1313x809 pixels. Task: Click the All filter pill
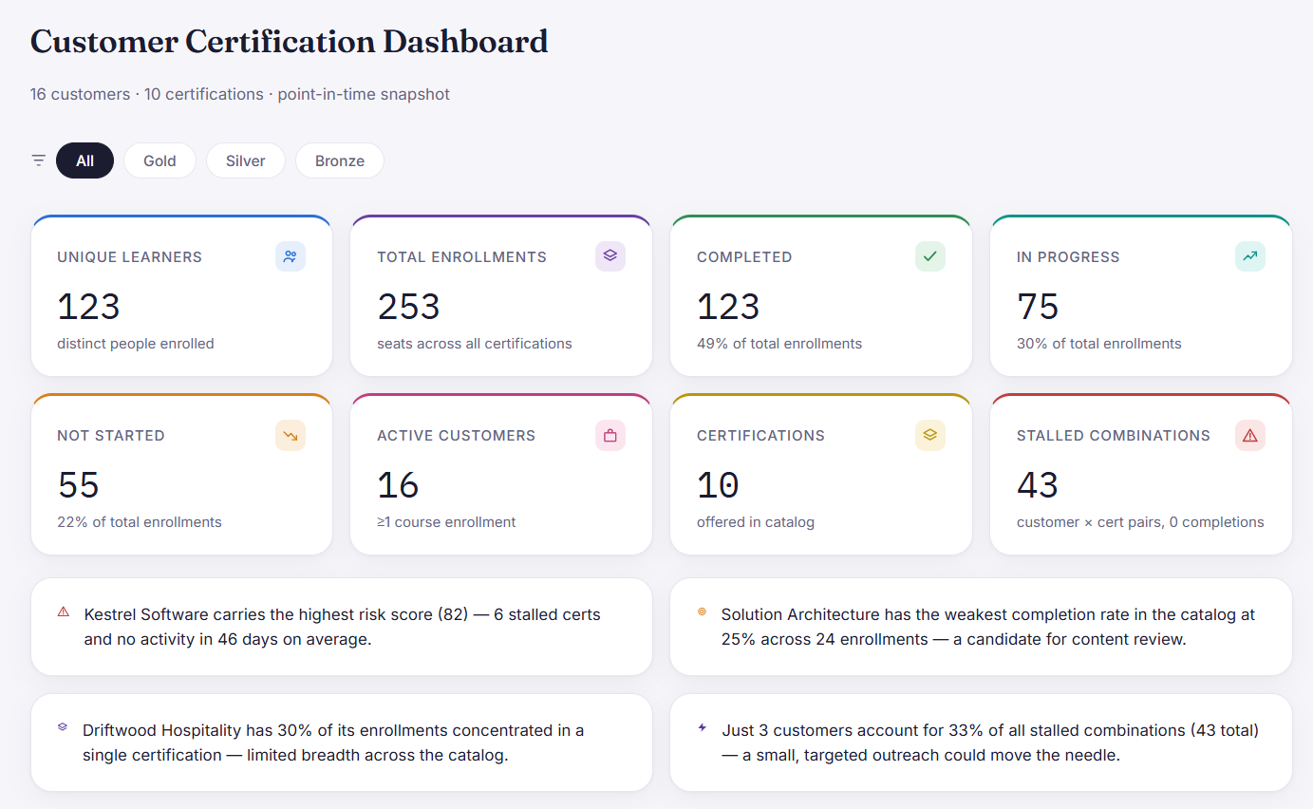point(85,160)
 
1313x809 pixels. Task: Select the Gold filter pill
point(159,160)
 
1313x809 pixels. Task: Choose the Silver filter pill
point(246,160)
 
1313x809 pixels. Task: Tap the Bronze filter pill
point(340,160)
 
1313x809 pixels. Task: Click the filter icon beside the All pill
point(38,160)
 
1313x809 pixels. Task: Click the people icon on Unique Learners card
point(291,256)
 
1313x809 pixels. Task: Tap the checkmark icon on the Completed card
point(930,256)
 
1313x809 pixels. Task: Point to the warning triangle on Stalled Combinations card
point(1250,436)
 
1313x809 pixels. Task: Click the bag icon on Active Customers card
point(610,436)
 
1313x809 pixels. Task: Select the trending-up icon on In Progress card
point(1250,256)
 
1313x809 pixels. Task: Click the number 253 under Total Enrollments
point(408,307)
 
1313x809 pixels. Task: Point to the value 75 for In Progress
point(1038,307)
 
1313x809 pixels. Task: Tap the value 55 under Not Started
point(78,485)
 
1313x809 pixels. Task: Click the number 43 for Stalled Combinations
point(1038,485)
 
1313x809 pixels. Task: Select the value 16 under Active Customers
point(398,485)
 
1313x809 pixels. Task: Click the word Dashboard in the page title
point(465,42)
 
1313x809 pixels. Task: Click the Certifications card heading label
point(760,436)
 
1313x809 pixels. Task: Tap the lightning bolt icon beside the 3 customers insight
point(703,727)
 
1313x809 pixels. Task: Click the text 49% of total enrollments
point(779,344)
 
